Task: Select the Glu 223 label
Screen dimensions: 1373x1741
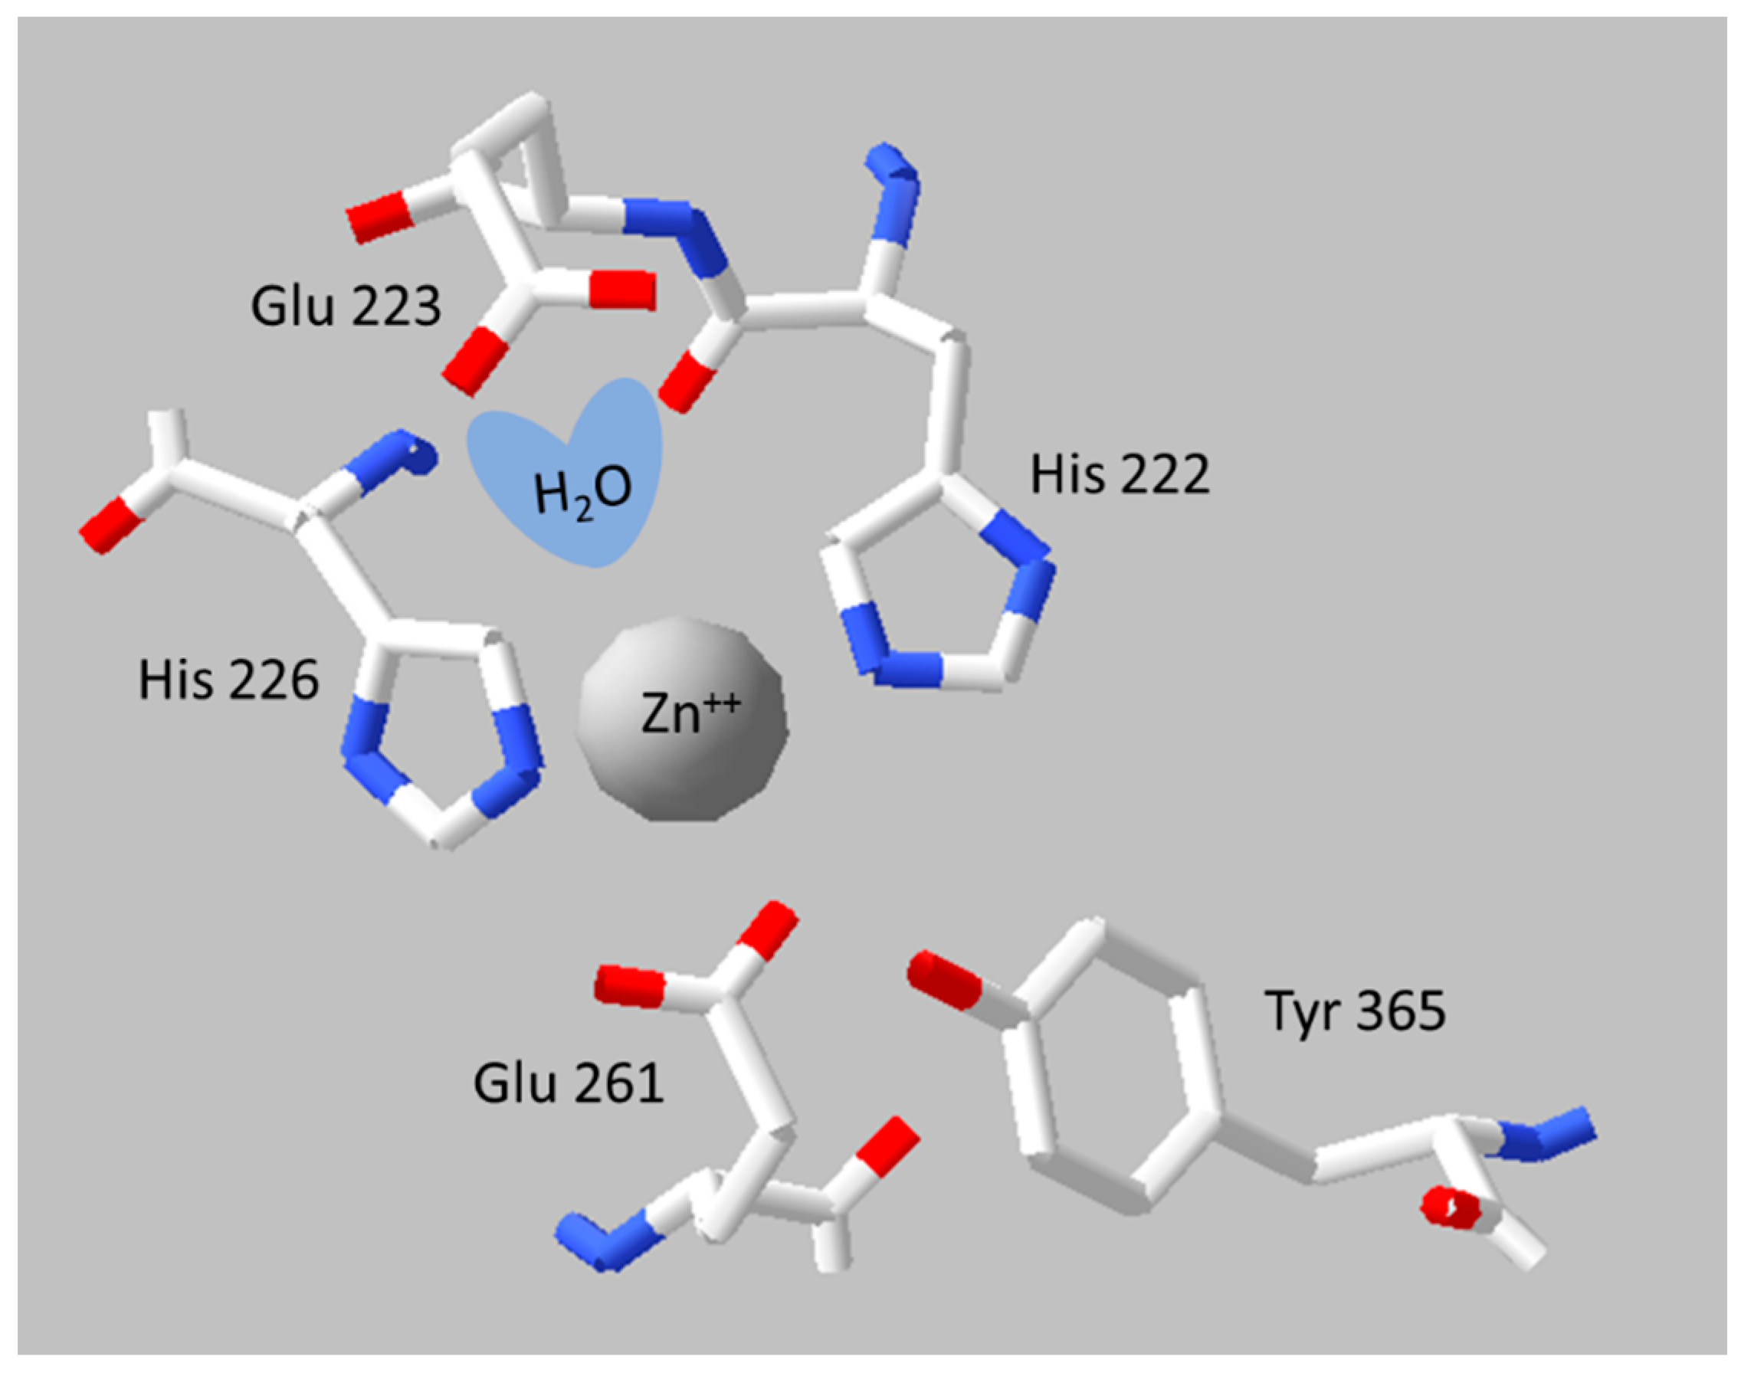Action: pos(346,306)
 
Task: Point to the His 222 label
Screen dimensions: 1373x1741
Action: pos(1119,474)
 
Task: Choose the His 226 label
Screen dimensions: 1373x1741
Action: pos(228,680)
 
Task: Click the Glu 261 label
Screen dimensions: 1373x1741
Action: pos(569,1083)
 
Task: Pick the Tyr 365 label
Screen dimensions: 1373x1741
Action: pos(1356,1011)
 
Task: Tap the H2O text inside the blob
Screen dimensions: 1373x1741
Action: pos(582,490)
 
